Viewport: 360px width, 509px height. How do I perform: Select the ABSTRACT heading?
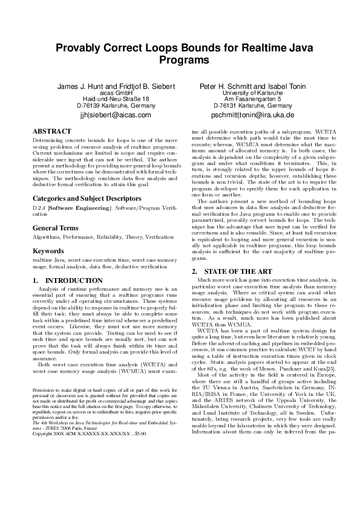pos(53,130)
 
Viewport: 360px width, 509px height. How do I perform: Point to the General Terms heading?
pos(55,228)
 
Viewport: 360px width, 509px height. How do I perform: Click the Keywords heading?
pos(48,250)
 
